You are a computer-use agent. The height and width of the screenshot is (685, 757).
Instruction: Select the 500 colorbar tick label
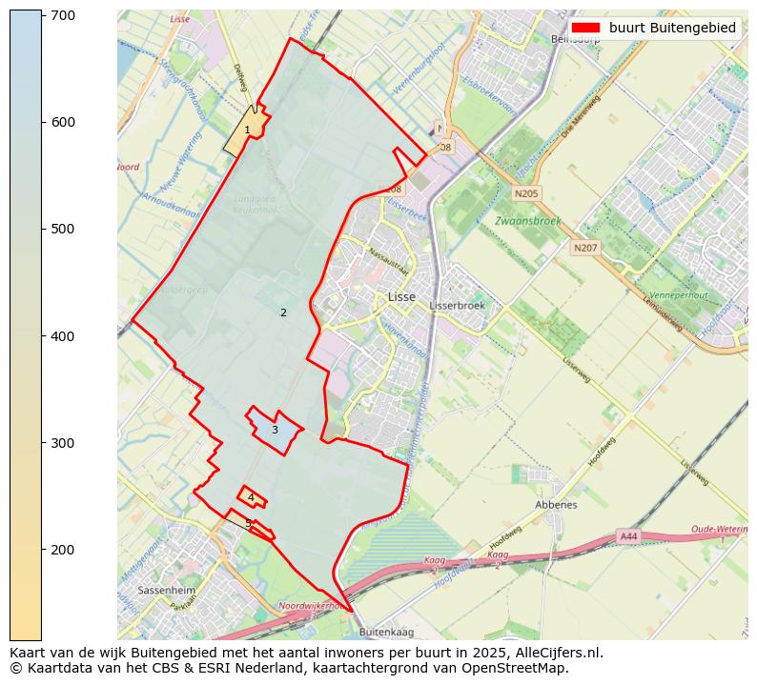coord(63,229)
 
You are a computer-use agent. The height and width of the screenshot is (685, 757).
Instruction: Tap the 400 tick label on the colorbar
coord(63,336)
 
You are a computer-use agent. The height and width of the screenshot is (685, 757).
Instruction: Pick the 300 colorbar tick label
coord(63,443)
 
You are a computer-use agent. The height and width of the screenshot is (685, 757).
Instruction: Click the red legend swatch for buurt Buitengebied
coord(586,28)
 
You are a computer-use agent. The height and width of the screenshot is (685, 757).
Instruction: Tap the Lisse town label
coord(401,297)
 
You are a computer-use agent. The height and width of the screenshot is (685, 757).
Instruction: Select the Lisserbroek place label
coord(458,306)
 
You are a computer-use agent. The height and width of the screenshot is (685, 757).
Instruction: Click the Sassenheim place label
coord(166,591)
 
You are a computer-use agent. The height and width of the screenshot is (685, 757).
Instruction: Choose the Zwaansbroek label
coord(527,221)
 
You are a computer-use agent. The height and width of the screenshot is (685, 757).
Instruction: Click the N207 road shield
coord(584,248)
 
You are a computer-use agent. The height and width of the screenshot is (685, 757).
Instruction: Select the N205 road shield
coord(525,193)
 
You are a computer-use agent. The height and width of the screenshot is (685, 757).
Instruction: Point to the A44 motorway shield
coord(628,536)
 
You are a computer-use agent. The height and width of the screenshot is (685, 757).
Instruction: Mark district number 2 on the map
coord(283,312)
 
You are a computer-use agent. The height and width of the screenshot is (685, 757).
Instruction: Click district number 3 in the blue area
coord(275,430)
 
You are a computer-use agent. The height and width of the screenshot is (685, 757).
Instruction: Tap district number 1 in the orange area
coord(247,130)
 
